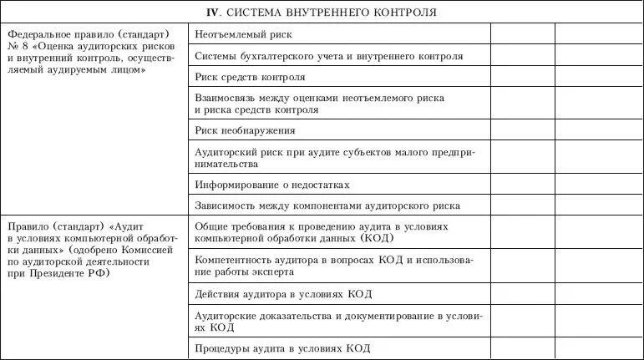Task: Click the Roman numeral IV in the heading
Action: tap(213, 13)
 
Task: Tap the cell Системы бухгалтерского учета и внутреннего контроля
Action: tap(328, 57)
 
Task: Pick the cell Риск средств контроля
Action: tap(250, 78)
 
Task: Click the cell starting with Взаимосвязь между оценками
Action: tap(319, 104)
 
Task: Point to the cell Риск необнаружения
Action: tap(245, 130)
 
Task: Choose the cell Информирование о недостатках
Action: tap(271, 184)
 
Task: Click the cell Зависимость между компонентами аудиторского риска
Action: tap(327, 205)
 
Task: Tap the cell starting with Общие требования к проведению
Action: tap(322, 231)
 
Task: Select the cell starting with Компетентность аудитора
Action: tap(332, 265)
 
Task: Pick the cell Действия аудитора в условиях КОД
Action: tap(283, 294)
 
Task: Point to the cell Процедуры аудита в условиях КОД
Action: tap(281, 348)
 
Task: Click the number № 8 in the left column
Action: tap(18, 47)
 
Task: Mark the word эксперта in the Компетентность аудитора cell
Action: tap(271, 271)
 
